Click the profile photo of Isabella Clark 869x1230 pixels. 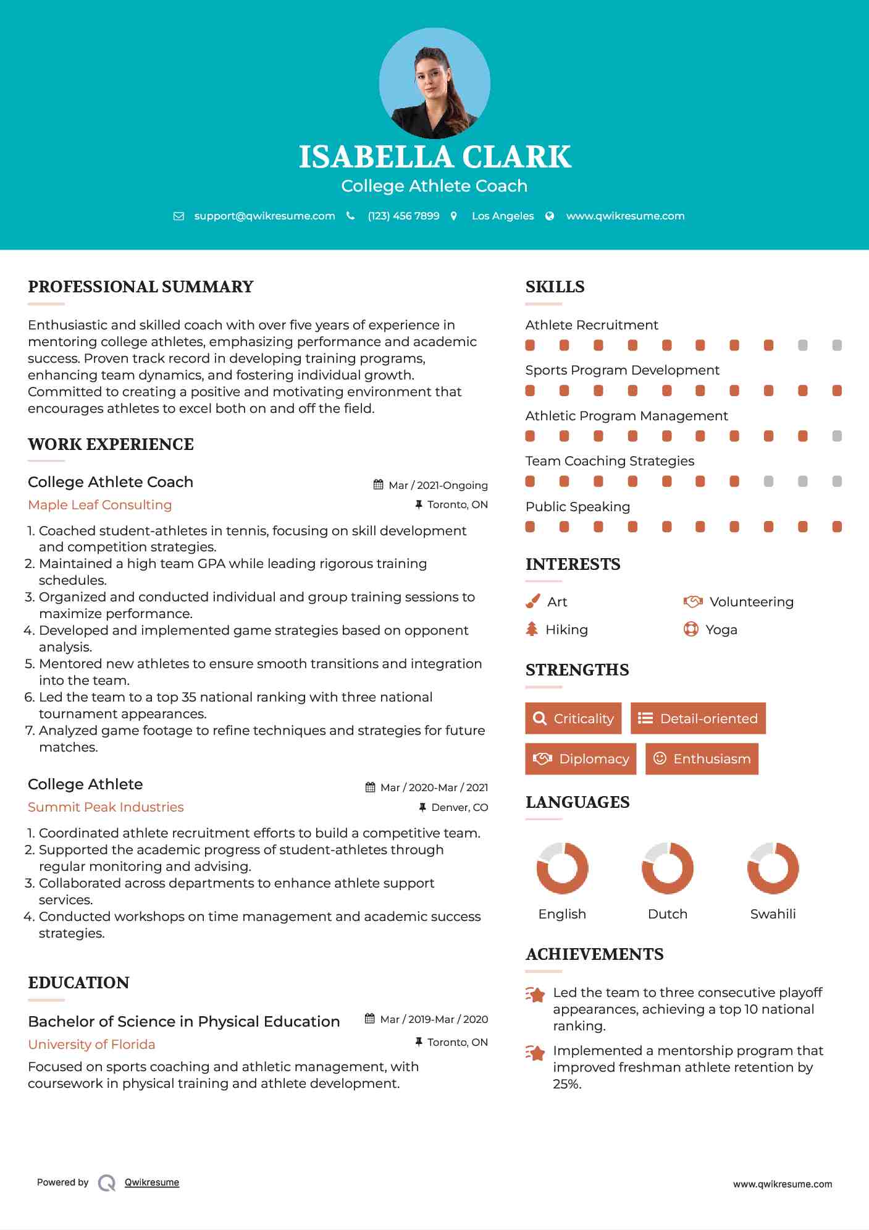pos(434,83)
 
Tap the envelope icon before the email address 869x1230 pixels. pos(178,216)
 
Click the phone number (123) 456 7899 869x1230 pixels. pos(403,216)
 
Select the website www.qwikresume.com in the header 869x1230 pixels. pos(625,216)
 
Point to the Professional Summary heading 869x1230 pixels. pos(141,287)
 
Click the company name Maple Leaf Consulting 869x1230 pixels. pos(100,505)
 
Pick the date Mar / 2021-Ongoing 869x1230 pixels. pos(438,486)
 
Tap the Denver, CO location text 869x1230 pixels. pos(460,808)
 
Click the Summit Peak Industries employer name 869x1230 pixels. pos(106,807)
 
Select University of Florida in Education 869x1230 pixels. pos(91,1045)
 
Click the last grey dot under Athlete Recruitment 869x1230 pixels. pos(837,346)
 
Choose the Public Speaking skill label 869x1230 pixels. pos(577,507)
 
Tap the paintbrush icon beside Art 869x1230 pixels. pos(532,602)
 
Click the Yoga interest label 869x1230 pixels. pos(721,630)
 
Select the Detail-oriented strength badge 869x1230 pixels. pos(698,718)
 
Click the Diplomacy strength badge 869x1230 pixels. pos(581,759)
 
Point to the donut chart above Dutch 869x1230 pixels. pos(668,868)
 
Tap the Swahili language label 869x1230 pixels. pos(773,914)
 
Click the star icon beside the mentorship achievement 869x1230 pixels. pos(535,1053)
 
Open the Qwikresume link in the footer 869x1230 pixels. pos(152,1182)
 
